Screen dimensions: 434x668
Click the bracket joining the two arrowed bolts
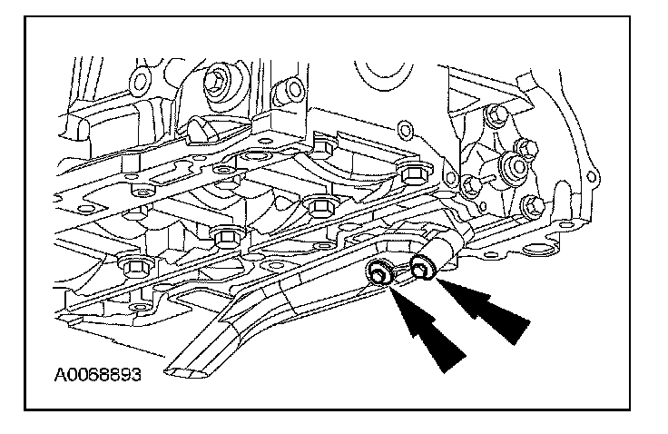[399, 271]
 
